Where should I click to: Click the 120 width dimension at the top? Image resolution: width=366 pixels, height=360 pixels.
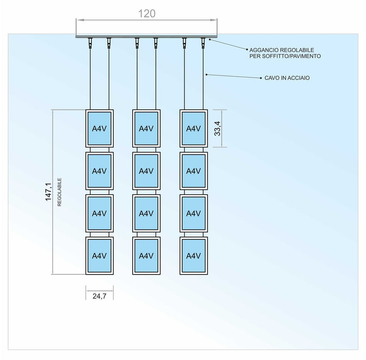point(147,14)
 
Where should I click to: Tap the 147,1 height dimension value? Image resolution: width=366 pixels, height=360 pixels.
point(49,192)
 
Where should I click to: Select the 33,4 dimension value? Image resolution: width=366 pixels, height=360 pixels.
point(217,128)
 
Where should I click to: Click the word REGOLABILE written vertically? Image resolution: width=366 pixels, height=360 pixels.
point(60,192)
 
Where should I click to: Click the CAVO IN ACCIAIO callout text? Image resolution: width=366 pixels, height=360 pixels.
point(283,78)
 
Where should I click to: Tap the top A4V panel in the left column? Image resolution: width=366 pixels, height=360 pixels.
point(99,129)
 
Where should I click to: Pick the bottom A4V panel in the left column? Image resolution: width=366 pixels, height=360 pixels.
point(99,256)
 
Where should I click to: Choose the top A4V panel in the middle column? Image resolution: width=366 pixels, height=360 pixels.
point(147,129)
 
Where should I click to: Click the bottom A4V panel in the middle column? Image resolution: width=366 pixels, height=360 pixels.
point(147,256)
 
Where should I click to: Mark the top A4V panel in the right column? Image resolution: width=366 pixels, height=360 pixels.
point(193,129)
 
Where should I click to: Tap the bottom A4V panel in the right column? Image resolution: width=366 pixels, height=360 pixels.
point(193,256)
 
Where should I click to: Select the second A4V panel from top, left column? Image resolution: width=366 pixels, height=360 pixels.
point(99,171)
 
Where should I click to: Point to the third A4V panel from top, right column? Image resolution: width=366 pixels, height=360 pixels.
point(193,213)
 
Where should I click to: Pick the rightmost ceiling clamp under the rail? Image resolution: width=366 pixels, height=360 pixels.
point(204,42)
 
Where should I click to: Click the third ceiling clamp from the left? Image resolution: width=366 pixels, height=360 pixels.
point(137,42)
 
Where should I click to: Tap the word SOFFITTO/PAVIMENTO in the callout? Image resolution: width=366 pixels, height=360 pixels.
point(296,56)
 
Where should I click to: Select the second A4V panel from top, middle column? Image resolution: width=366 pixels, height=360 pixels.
point(147,171)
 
